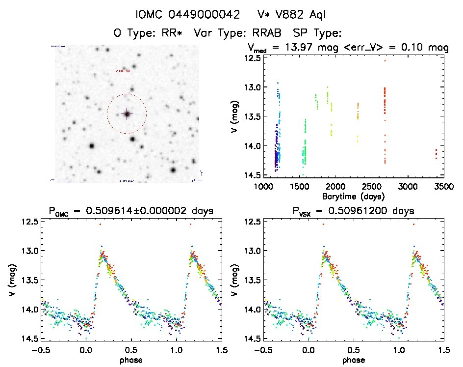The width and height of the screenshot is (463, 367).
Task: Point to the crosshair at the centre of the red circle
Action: [127, 113]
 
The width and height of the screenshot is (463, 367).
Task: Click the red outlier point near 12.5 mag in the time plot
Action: [385, 60]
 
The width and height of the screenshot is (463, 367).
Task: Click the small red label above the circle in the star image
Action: [122, 71]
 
